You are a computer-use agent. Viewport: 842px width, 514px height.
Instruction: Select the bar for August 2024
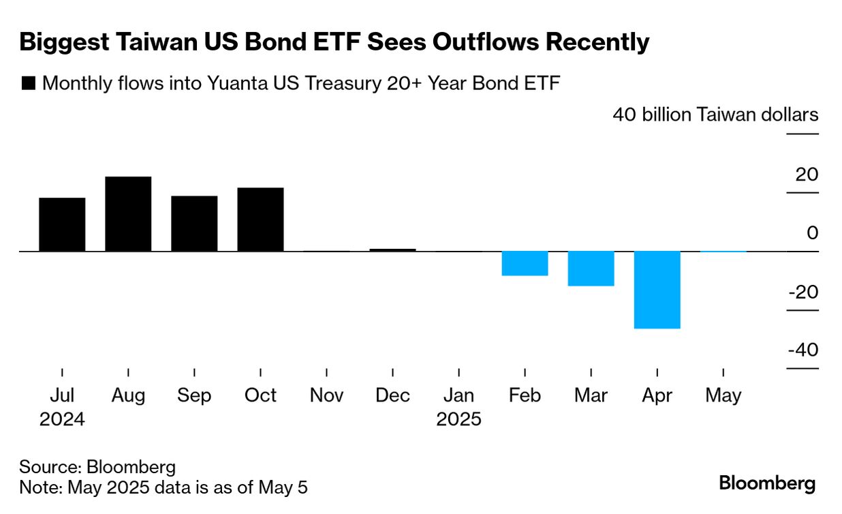tap(128, 214)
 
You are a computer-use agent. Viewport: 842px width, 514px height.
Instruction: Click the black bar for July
tap(62, 224)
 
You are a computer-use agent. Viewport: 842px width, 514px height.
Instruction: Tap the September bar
tap(194, 224)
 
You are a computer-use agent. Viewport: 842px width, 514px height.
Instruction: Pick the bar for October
tap(260, 220)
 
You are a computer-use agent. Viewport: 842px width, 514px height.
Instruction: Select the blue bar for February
tap(525, 264)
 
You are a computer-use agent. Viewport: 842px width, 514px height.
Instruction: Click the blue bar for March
tap(591, 269)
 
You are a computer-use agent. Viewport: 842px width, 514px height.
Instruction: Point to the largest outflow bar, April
tap(657, 290)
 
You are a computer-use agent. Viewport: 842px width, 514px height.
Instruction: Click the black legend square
tap(29, 84)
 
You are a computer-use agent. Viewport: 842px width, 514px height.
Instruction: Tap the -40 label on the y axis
tap(802, 350)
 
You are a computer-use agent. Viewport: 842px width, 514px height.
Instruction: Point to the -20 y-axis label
tap(802, 292)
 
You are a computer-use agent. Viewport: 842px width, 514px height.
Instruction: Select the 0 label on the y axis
tap(812, 233)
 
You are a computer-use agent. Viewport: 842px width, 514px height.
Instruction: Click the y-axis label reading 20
tap(807, 175)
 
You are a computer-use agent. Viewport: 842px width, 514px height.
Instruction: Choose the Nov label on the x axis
tap(326, 395)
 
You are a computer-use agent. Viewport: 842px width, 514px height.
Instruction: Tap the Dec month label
tap(392, 395)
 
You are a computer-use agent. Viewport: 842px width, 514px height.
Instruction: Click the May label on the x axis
tap(723, 395)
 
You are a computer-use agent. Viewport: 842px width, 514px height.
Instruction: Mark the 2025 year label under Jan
tap(458, 419)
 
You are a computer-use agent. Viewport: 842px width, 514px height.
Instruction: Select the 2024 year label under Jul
tap(62, 419)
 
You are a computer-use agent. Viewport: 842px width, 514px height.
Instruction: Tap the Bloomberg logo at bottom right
tap(767, 484)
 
